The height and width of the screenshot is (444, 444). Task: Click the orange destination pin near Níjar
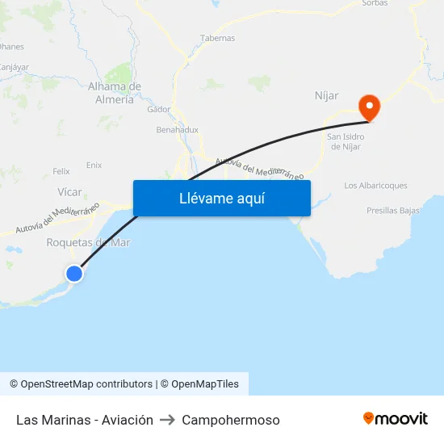click(x=369, y=107)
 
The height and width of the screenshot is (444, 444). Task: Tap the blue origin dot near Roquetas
click(x=74, y=274)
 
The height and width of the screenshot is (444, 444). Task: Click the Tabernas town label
click(x=217, y=38)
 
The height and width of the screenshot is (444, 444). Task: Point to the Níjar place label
click(x=326, y=96)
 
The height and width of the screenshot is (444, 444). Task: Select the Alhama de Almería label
click(x=114, y=93)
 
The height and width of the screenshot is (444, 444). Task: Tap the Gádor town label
click(x=159, y=109)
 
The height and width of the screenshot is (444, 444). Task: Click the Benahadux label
click(x=177, y=129)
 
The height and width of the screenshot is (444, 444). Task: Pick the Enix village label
click(x=94, y=165)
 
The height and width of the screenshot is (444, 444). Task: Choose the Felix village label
click(x=61, y=171)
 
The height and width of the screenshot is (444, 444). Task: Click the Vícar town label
click(x=70, y=192)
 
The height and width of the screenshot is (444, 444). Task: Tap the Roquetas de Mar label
click(x=88, y=242)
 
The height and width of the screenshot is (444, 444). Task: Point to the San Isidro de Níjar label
click(x=346, y=141)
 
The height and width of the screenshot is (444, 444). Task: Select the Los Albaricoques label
click(x=375, y=186)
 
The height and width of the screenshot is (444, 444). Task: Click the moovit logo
click(x=396, y=419)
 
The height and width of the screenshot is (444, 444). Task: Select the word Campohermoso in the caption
click(x=231, y=420)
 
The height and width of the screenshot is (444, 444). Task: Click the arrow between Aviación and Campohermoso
click(x=168, y=420)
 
